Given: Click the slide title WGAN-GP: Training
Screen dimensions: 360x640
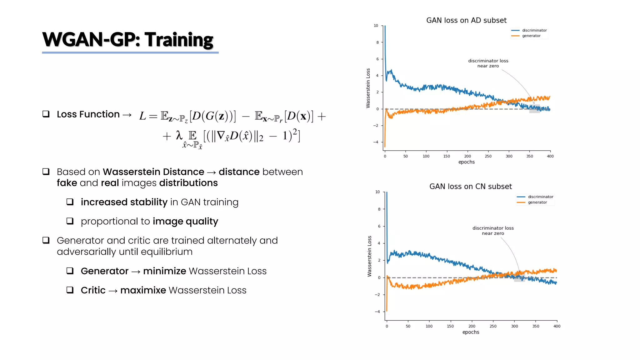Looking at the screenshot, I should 127,40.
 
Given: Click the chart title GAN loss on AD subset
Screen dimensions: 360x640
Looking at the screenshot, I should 466,20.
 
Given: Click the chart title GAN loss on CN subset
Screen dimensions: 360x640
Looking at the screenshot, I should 470,187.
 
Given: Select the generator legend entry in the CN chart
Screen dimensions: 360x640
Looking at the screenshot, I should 537,202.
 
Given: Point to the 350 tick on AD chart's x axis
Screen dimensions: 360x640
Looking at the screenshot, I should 529,156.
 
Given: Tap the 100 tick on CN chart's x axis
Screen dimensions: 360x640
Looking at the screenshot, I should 429,326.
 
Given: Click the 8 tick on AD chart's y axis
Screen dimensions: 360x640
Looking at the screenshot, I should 377,42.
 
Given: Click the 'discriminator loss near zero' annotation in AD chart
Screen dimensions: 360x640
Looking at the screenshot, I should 488,63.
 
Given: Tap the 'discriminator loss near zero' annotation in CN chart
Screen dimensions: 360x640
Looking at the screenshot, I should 493,231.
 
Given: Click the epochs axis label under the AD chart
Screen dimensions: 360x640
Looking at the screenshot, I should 466,162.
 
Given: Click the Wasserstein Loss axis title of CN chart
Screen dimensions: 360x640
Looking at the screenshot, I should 369,256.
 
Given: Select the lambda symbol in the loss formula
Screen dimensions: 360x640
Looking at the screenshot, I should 179,135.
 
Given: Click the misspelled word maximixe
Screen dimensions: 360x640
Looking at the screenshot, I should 143,290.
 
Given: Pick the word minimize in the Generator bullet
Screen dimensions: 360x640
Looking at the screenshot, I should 164,271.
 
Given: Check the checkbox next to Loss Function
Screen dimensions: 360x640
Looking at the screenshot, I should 46,114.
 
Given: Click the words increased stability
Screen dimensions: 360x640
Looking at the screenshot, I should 124,202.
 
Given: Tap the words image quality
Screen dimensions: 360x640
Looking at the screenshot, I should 185,221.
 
